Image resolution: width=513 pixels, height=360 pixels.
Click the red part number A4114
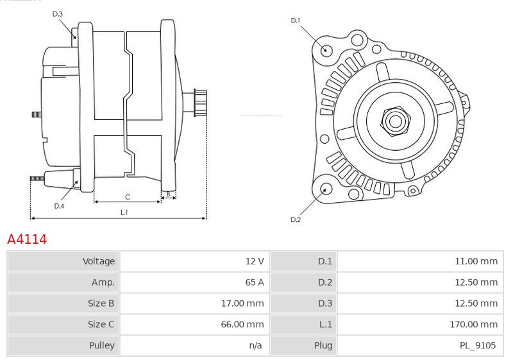tap(27, 239)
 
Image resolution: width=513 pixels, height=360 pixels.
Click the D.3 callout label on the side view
tap(57, 13)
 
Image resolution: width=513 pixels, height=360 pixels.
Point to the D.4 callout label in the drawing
tap(59, 206)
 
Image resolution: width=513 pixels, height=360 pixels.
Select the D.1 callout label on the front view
tap(296, 21)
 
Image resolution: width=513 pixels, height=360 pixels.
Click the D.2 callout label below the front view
tap(296, 220)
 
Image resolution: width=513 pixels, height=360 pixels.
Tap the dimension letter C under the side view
tap(128, 196)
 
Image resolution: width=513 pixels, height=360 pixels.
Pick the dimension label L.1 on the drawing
tap(124, 212)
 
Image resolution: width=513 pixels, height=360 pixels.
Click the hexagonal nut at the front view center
tap(394, 120)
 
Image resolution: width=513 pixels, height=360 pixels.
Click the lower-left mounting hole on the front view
tap(326, 189)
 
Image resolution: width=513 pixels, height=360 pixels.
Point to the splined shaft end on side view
tap(199, 103)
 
